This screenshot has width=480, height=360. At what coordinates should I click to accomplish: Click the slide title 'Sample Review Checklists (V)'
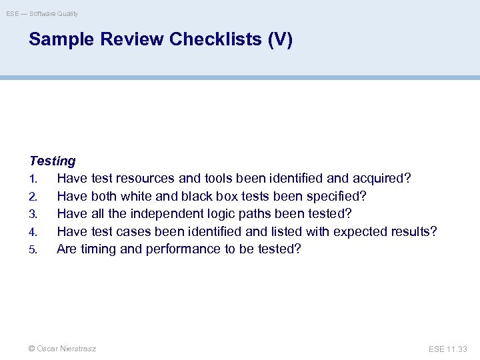160,40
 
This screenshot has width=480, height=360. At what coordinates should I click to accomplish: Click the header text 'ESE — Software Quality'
42,13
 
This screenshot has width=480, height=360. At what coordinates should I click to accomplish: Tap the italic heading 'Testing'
53,161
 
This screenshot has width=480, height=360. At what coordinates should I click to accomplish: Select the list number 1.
32,179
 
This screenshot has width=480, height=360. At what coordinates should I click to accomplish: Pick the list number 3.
33,214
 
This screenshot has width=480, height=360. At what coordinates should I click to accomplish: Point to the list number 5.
33,249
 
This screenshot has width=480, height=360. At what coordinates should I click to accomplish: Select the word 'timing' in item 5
97,249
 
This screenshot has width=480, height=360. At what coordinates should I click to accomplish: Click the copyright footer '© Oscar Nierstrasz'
63,349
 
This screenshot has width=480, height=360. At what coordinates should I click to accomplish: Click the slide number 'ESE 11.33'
448,349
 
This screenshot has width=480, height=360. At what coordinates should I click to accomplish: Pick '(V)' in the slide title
279,40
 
